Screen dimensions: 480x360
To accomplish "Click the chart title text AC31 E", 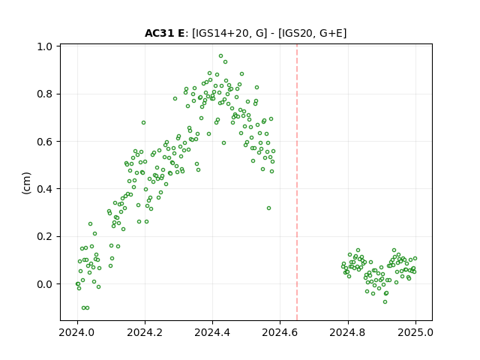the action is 164,33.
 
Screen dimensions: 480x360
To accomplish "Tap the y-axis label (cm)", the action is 27,183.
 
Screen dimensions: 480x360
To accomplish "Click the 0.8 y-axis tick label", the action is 44,94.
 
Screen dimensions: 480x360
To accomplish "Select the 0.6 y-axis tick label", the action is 44,142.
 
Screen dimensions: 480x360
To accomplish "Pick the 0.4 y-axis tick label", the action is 44,189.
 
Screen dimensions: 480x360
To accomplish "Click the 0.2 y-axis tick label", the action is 44,236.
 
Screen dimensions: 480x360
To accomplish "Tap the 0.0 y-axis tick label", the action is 44,284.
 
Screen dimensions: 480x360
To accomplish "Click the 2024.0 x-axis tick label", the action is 76,332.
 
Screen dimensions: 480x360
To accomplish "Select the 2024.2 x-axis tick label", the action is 145,332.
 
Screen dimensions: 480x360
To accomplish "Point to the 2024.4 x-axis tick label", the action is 212,332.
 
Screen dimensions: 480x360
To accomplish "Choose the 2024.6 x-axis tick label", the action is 280,332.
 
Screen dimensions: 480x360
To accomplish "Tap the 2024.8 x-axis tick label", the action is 347,332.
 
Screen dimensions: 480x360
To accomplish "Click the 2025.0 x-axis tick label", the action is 415,332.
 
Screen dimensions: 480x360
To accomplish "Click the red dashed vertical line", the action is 297,182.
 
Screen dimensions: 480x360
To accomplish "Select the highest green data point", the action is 220,56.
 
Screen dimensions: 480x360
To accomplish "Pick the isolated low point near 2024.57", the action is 268,208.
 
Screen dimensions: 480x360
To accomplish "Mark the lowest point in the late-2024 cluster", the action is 385,301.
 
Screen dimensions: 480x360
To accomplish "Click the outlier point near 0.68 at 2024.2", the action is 143,123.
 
